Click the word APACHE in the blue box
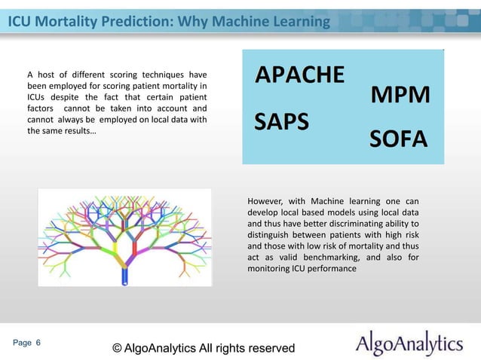(300, 75)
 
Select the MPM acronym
(400, 96)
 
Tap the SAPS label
(282, 122)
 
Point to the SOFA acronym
(398, 139)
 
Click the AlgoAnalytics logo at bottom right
(409, 344)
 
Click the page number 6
(38, 343)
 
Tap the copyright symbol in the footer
(117, 348)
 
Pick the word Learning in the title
(296, 22)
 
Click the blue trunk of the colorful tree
(124, 277)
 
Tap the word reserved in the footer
(269, 348)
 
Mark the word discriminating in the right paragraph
(349, 224)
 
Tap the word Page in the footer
(22, 343)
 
